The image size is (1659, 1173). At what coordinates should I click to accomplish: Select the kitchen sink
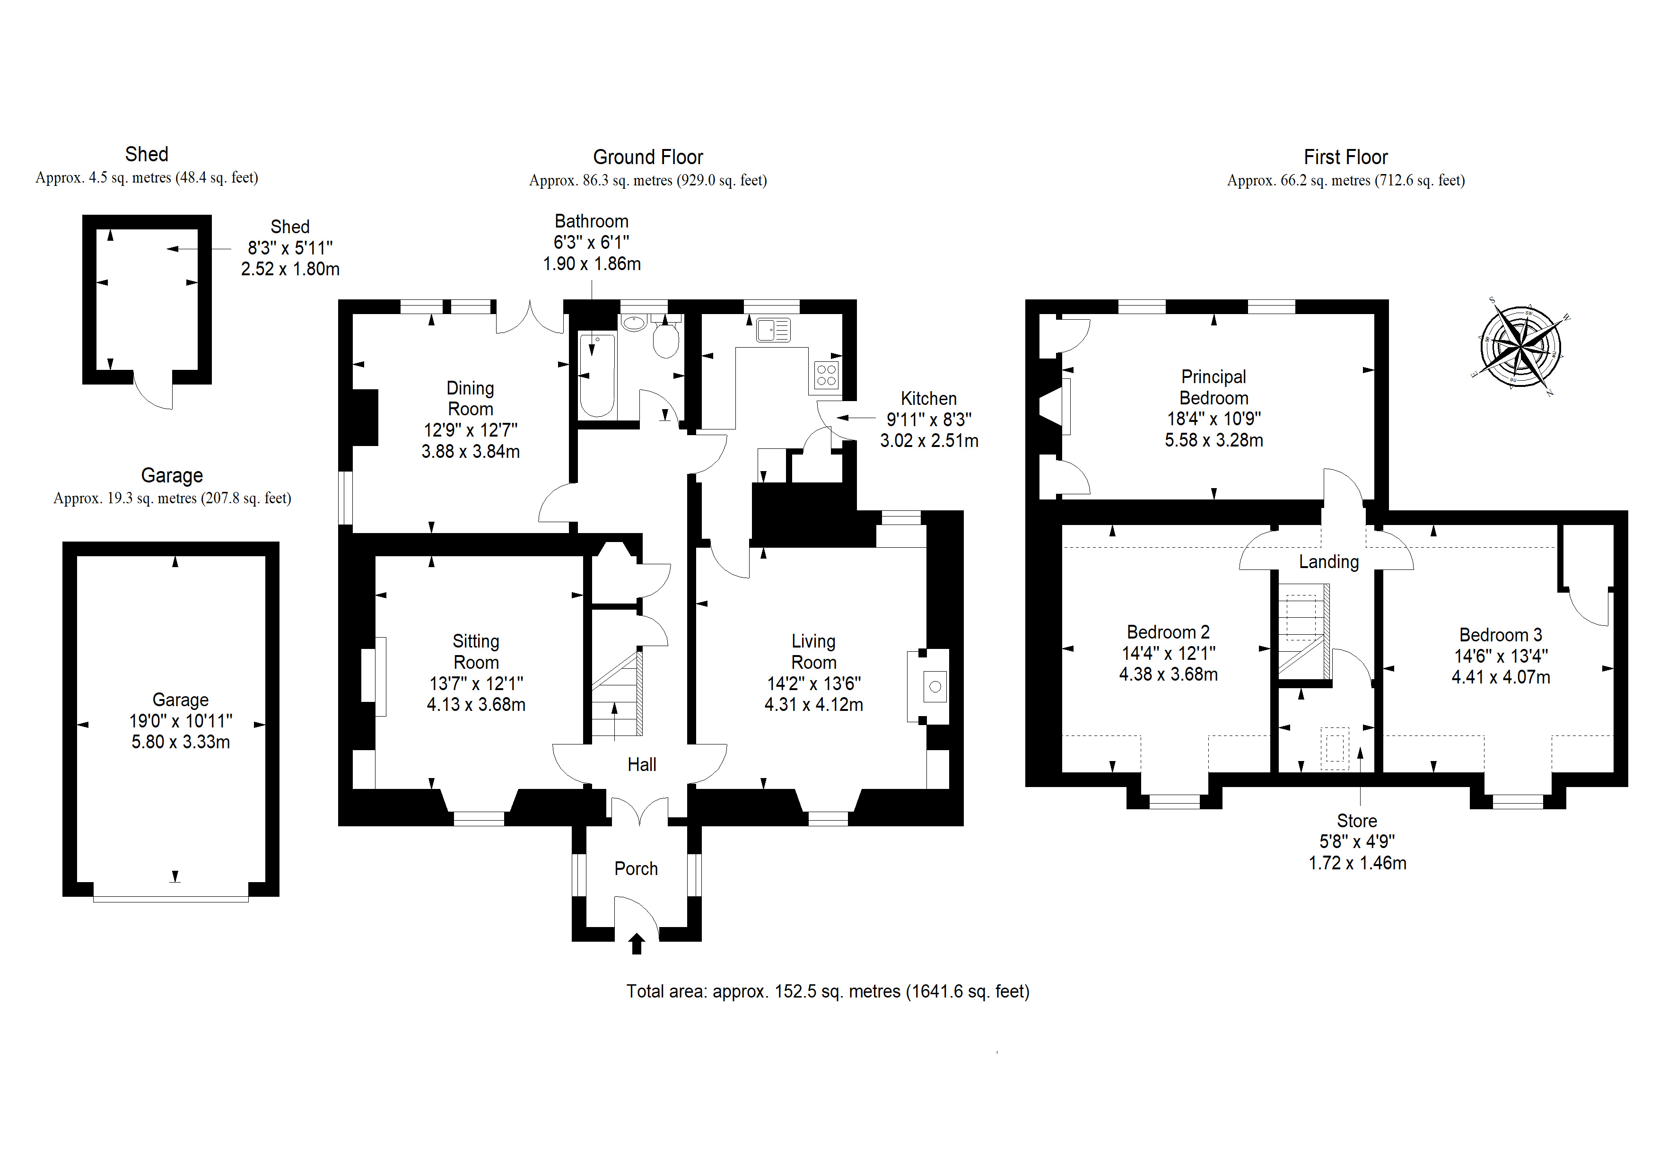pyautogui.click(x=773, y=330)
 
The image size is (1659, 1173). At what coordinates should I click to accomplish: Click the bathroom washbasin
pyautogui.click(x=634, y=323)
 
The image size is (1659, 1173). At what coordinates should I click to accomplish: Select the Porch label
pyautogui.click(x=636, y=869)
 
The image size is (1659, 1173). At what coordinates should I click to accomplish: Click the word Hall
pyautogui.click(x=642, y=765)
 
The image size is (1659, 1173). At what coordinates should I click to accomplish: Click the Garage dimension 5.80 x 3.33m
pyautogui.click(x=181, y=742)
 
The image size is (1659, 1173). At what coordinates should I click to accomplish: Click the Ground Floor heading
pyautogui.click(x=648, y=158)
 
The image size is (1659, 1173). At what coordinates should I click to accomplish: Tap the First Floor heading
pyautogui.click(x=1345, y=158)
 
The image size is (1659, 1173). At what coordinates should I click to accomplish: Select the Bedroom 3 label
pyautogui.click(x=1501, y=635)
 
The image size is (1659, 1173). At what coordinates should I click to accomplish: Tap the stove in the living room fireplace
pyautogui.click(x=935, y=687)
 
